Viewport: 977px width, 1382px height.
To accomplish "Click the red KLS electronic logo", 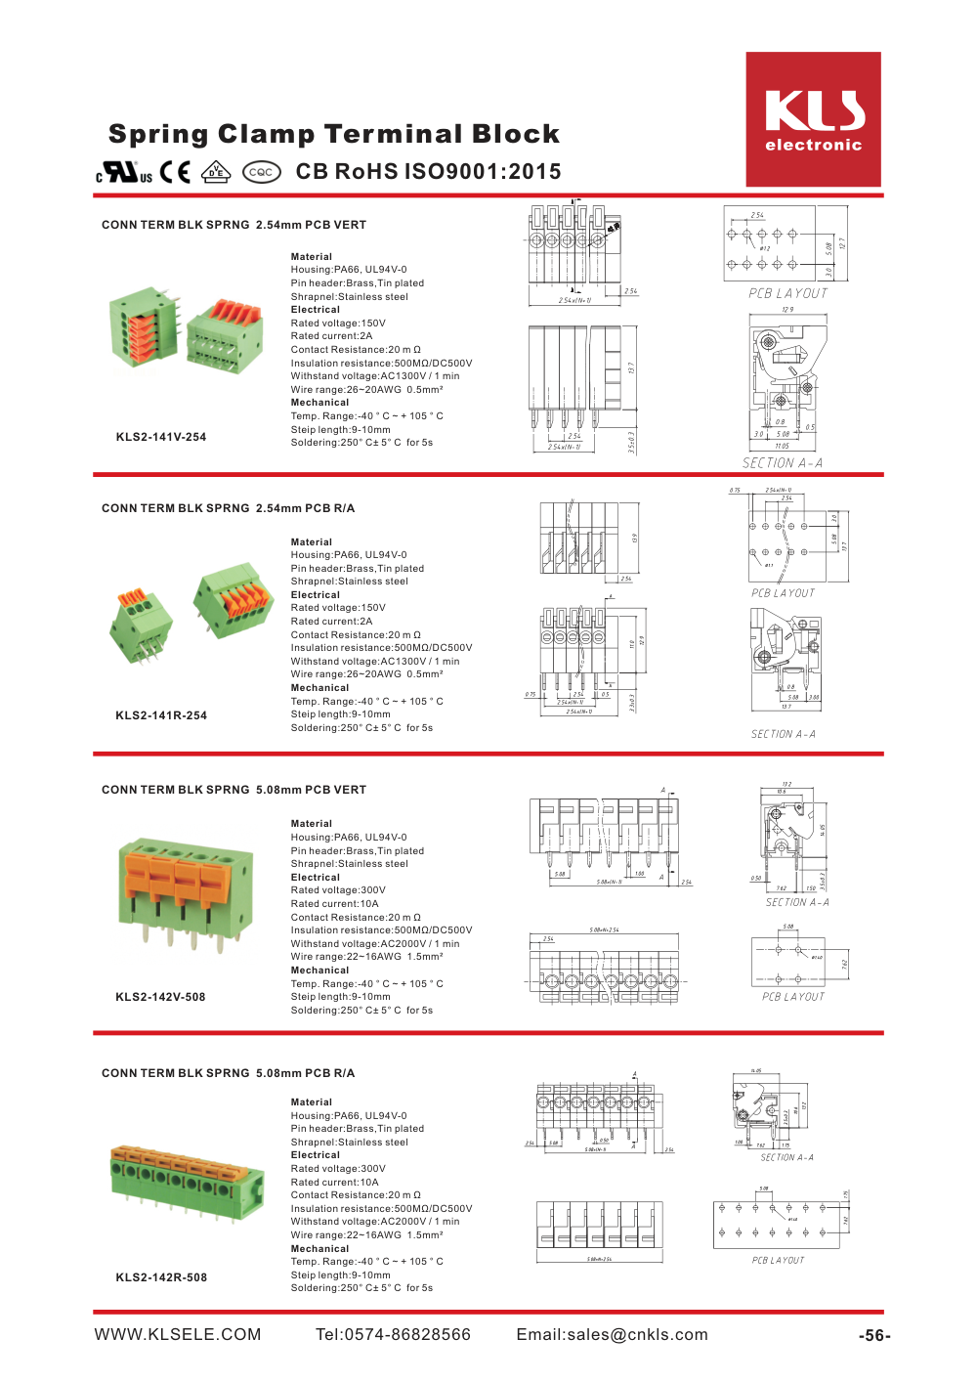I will pyautogui.click(x=813, y=119).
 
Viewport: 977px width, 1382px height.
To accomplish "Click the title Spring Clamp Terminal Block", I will pyautogui.click(x=334, y=134).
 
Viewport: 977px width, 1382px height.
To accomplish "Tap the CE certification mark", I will pyautogui.click(x=175, y=173).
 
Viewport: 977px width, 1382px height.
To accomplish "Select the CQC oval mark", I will pyautogui.click(x=261, y=172).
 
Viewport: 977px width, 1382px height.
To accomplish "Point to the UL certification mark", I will pyautogui.click(x=124, y=173).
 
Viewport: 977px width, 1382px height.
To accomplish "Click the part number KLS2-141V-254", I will pyautogui.click(x=161, y=437).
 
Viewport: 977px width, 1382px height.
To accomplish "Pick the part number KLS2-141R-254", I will pyautogui.click(x=161, y=715).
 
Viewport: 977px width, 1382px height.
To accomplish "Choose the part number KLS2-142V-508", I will pyautogui.click(x=160, y=997).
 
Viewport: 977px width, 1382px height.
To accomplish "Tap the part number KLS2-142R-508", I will pyautogui.click(x=161, y=1277).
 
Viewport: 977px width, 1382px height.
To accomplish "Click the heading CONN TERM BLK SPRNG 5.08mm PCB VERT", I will pyautogui.click(x=234, y=790).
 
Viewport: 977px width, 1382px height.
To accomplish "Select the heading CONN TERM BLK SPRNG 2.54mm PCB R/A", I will pyautogui.click(x=228, y=508).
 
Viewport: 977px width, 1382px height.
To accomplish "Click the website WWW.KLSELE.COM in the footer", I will pyautogui.click(x=178, y=1335).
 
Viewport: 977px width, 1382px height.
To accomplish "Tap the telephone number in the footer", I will pyautogui.click(x=393, y=1335).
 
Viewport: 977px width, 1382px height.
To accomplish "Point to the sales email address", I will pyautogui.click(x=612, y=1335).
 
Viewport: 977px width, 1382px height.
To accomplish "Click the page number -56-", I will pyautogui.click(x=874, y=1336).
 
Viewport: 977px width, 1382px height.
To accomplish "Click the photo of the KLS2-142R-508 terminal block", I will pyautogui.click(x=187, y=1184).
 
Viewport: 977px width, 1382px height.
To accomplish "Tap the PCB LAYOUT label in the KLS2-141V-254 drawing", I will pyautogui.click(x=787, y=293).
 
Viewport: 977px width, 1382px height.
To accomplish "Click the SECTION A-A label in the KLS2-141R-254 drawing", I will pyautogui.click(x=783, y=734).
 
